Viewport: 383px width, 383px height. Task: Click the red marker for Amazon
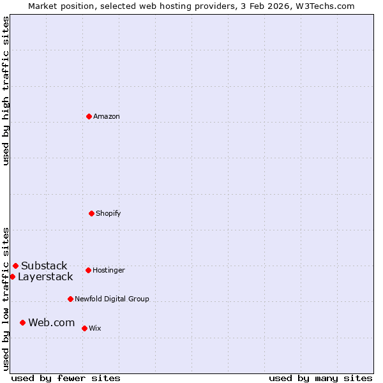click(x=89, y=116)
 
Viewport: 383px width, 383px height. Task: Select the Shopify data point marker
click(x=91, y=213)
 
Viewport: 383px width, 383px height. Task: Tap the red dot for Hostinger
click(x=88, y=270)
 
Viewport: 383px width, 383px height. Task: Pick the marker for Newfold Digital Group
click(x=70, y=299)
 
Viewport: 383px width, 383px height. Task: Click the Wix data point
click(x=84, y=328)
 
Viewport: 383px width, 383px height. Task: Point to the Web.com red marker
click(x=22, y=322)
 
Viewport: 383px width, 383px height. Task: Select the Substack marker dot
click(x=15, y=266)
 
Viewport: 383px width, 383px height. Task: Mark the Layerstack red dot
click(x=12, y=276)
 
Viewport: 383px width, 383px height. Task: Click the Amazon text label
click(x=107, y=116)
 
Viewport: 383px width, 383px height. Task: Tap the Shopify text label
click(x=109, y=213)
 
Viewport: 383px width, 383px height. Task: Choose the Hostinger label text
click(x=109, y=270)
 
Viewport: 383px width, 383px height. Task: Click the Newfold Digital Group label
click(x=112, y=299)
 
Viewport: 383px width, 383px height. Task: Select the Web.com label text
click(x=51, y=323)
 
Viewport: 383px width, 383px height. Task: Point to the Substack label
click(x=44, y=266)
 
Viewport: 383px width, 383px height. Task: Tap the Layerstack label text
click(x=45, y=277)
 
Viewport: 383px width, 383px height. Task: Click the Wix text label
click(x=94, y=328)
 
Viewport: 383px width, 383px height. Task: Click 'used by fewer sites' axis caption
click(x=66, y=378)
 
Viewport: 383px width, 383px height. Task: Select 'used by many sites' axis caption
click(x=320, y=378)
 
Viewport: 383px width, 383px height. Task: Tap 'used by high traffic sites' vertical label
click(x=6, y=91)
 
